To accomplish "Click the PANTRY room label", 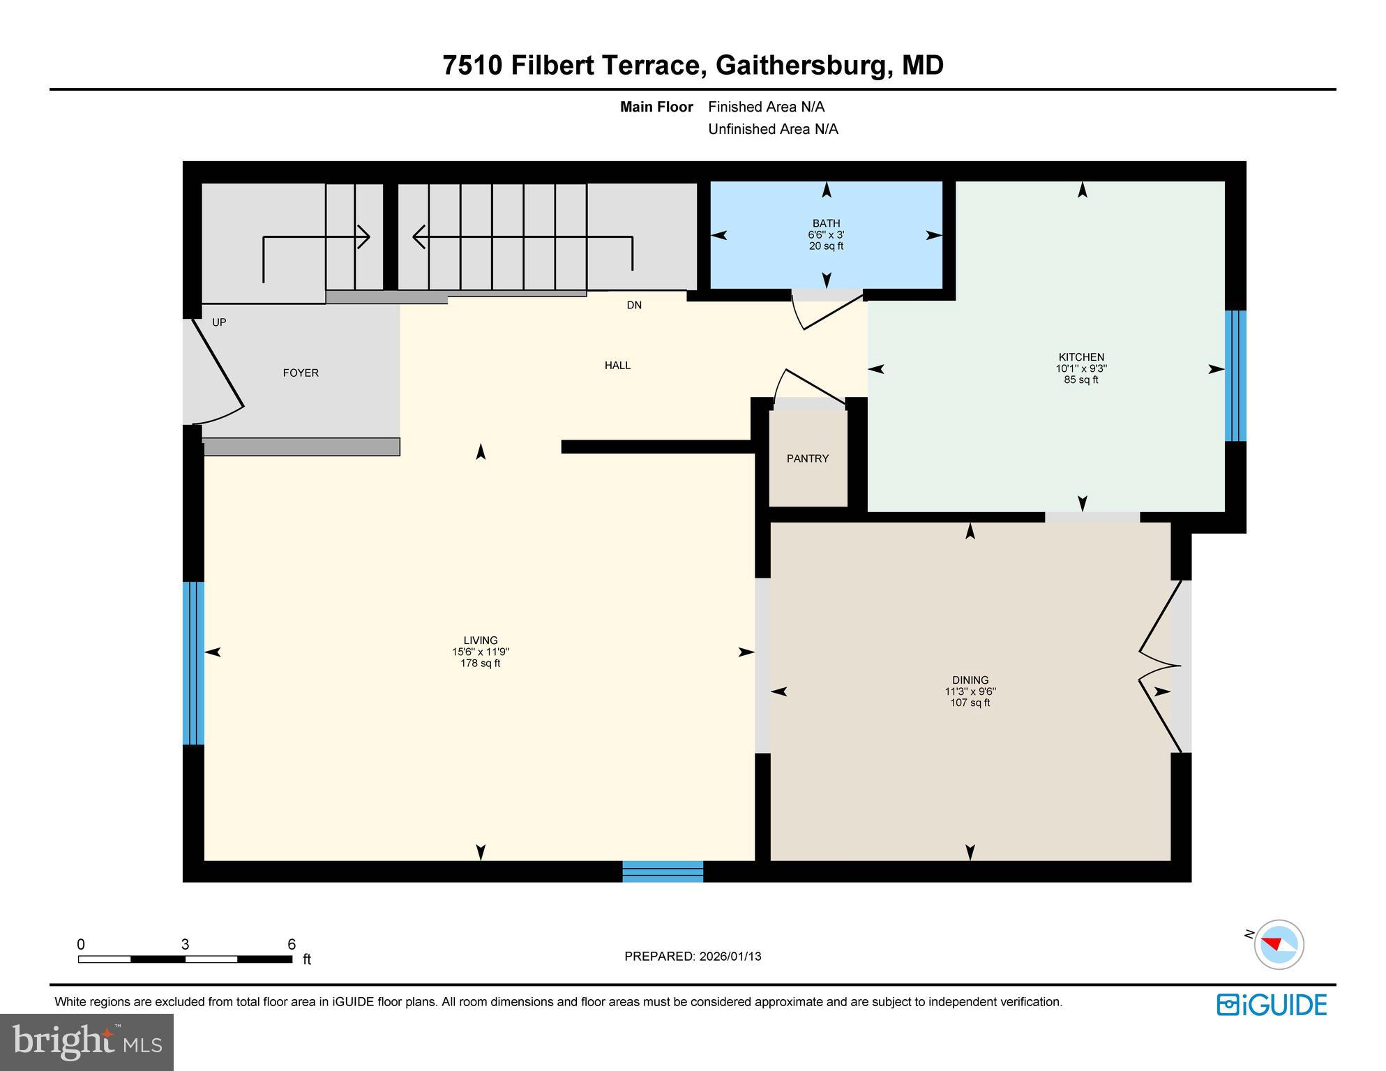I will (x=807, y=458).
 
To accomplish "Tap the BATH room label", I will (x=826, y=223).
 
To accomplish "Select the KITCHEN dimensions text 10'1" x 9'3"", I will (x=1080, y=368).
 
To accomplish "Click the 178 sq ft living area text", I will (x=480, y=664).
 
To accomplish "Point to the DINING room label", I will (x=970, y=680).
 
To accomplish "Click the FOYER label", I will (x=301, y=373).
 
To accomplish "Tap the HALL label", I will (x=617, y=365).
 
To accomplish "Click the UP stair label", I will (x=219, y=322).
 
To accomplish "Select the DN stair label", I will (x=633, y=305).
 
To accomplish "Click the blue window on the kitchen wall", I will (x=1235, y=375).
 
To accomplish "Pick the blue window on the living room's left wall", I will (x=193, y=663).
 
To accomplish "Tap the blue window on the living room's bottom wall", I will (x=662, y=871).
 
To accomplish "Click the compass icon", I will (x=1279, y=945).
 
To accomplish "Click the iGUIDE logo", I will (x=1271, y=1005).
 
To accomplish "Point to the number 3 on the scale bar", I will (x=185, y=945).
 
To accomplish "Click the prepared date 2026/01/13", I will (x=730, y=957).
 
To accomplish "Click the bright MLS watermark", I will (x=86, y=1042).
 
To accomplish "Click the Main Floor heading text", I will (x=656, y=107).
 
